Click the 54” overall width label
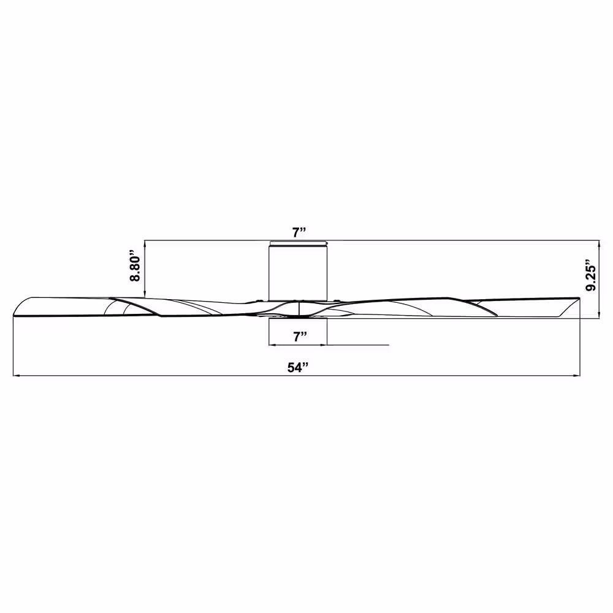pos(298,367)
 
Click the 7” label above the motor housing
pos(300,232)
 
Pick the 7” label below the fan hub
pos(300,336)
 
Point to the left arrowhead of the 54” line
pos(17,376)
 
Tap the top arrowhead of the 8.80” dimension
pos(145,243)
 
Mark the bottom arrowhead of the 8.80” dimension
pos(145,294)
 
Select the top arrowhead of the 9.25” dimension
pos(600,243)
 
